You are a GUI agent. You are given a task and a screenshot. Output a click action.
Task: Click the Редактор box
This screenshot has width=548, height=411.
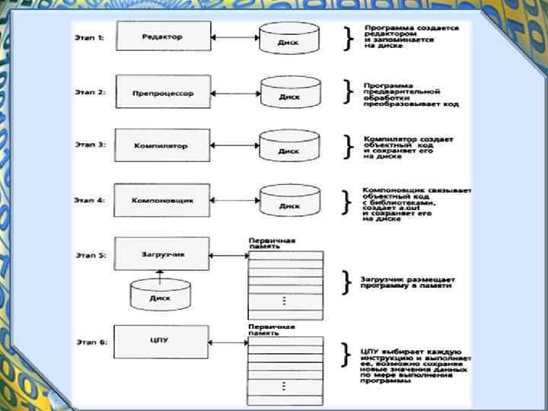click(x=161, y=37)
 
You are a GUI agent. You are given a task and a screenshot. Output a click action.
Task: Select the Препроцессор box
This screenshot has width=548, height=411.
click(x=161, y=93)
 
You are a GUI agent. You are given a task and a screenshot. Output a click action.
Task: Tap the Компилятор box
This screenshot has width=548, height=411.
click(x=161, y=145)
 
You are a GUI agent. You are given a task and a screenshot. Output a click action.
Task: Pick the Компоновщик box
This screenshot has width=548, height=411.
click(x=161, y=199)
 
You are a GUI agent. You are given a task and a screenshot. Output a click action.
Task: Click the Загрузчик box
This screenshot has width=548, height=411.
click(x=161, y=253)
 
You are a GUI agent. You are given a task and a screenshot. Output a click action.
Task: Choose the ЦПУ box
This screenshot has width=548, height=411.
click(x=161, y=340)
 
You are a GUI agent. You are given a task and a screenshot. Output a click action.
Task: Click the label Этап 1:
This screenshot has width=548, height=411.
click(x=90, y=37)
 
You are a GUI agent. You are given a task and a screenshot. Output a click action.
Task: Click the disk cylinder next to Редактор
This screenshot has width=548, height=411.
click(x=288, y=38)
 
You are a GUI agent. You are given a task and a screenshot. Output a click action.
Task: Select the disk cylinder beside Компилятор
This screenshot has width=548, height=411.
click(x=288, y=146)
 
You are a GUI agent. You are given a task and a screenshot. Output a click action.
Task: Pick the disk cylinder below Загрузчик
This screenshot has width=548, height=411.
click(x=161, y=294)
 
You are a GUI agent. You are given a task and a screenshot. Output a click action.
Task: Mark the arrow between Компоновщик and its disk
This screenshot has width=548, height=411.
click(x=234, y=199)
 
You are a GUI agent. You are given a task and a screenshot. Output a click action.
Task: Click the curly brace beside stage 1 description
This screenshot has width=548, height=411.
click(x=349, y=38)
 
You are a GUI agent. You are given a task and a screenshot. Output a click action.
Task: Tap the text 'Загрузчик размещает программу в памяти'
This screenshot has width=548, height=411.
click(x=407, y=282)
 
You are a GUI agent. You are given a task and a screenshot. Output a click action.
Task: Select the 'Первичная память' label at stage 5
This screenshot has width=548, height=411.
click(x=272, y=244)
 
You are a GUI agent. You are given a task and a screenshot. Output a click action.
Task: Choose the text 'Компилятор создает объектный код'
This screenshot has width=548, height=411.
click(x=408, y=143)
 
